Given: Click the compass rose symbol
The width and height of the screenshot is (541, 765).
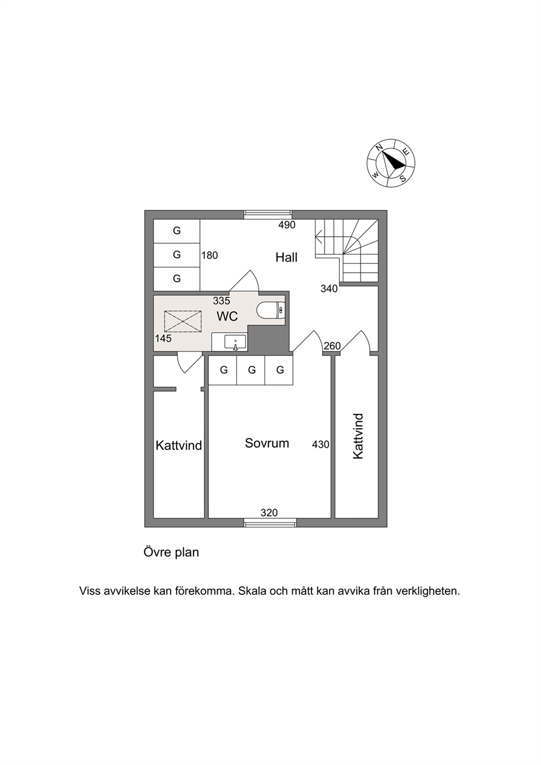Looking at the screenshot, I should coord(390,162).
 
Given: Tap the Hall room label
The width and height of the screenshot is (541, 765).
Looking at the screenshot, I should coord(286,257).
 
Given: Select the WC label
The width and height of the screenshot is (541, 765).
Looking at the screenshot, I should coord(227,316).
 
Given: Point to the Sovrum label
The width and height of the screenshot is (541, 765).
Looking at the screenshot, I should coord(267,443).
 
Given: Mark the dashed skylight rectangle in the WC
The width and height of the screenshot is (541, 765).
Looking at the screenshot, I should coord(183,321).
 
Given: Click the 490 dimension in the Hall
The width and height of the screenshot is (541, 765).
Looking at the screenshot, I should coord(287,225).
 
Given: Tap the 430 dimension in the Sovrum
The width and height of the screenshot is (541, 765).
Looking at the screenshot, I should coord(321,444).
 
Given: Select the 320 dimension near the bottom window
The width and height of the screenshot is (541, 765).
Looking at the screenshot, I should coord(269,513).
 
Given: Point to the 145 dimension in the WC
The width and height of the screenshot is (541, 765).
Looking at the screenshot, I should coord(163,339).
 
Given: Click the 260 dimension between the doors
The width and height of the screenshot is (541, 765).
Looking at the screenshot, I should coord(332,346).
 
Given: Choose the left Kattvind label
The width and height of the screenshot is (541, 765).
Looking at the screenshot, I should coord(179,445).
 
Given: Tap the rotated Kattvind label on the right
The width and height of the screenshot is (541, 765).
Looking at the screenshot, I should coord(358,436).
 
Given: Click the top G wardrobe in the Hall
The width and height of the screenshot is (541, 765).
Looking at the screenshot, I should coord(177,231).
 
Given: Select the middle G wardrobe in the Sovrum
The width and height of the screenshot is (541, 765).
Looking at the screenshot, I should coord(251,370).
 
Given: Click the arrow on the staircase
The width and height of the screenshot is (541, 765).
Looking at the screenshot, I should coord(319,237).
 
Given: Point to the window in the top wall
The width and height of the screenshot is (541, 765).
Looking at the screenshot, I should coord(267,214).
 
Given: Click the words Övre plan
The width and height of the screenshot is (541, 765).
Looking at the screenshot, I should coord(171,552).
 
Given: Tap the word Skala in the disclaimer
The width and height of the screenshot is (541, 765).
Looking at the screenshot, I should coord(252,591).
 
